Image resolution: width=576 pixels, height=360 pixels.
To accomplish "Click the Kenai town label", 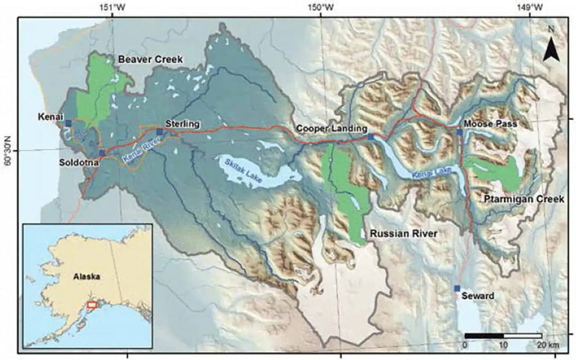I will [49, 116].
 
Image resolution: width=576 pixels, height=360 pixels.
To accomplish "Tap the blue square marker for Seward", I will [457, 289].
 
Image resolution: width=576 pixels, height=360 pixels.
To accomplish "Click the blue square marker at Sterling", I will [160, 132].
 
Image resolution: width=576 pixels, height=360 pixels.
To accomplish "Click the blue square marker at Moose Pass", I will [460, 132].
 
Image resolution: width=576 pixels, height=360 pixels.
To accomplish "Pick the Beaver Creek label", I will [150, 59].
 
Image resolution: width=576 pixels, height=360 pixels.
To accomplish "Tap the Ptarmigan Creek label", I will [522, 200].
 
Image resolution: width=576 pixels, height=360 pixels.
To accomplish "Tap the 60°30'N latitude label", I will [7, 150].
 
